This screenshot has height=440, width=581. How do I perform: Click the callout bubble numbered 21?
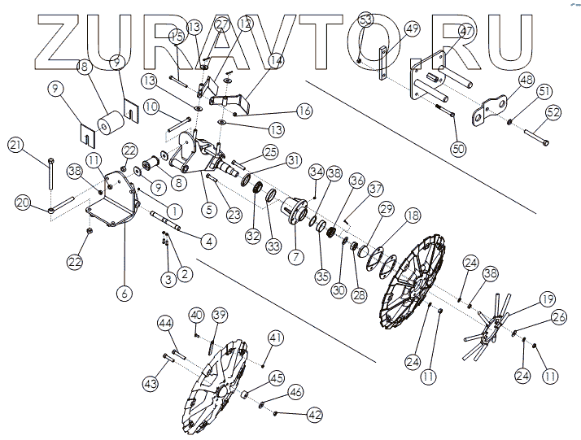pos(15,145)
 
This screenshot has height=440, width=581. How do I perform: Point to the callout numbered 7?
pos(296,257)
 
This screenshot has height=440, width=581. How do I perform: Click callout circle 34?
pos(317,172)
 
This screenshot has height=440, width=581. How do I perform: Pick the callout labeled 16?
pos(282,108)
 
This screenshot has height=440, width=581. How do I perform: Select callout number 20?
pos(23,202)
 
